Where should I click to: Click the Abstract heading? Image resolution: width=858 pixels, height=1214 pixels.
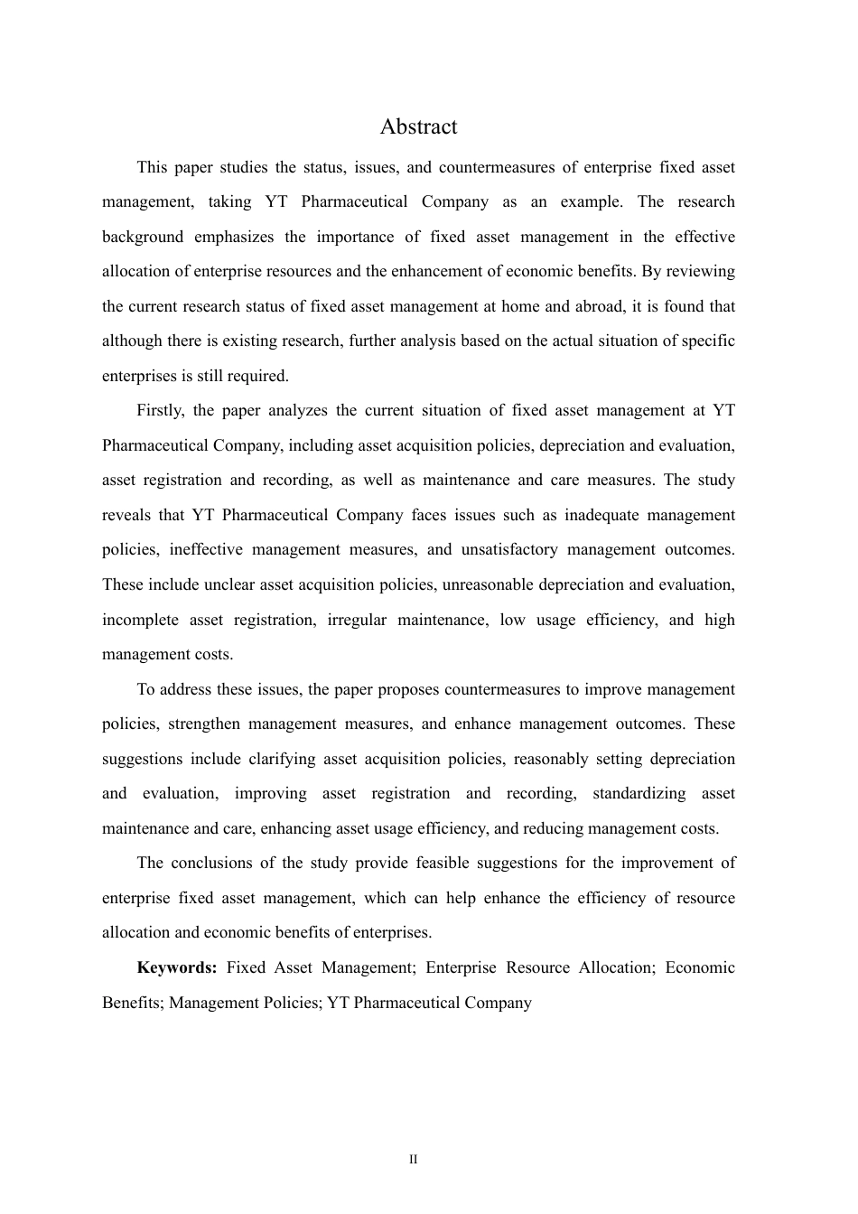[418, 126]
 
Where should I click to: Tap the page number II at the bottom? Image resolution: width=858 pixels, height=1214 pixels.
[414, 1160]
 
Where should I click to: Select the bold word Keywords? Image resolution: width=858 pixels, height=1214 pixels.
[176, 967]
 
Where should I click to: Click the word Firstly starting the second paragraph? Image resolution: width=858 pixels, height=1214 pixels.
[160, 410]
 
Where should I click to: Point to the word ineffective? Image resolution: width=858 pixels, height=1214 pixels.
[203, 549]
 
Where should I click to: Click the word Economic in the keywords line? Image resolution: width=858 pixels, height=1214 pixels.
[700, 967]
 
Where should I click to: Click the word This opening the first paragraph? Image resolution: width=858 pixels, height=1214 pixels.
[152, 167]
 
